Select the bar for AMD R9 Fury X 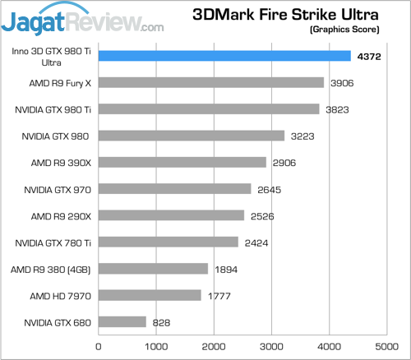pos(211,82)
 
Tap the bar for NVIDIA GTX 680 pos(122,322)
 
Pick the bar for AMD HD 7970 pos(150,295)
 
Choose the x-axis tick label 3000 pos(272,346)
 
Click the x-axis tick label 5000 pos(387,346)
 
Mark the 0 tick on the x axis pos(99,346)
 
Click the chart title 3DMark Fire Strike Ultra pos(285,14)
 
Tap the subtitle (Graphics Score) pos(345,30)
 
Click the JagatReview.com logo pos(82,18)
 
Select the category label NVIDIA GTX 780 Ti pos(54,242)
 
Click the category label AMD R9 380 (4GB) pos(52,269)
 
